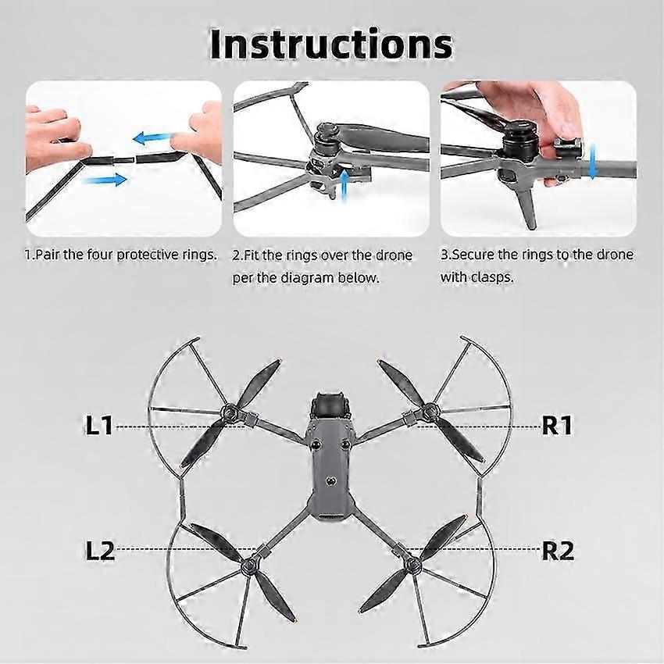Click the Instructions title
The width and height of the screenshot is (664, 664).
331,45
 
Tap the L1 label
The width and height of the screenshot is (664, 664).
99,425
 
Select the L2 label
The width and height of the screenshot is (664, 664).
100,551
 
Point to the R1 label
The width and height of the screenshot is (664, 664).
557,425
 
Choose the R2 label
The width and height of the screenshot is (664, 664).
558,551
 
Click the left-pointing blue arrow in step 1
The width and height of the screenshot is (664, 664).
152,137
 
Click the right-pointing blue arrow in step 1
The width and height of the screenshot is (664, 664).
105,180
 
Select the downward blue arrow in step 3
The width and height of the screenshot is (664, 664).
593,161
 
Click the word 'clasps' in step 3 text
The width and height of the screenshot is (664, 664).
492,277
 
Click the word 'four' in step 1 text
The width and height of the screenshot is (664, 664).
100,255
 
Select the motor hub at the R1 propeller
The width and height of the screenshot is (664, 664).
430,410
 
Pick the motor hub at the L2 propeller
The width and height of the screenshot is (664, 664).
249,566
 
